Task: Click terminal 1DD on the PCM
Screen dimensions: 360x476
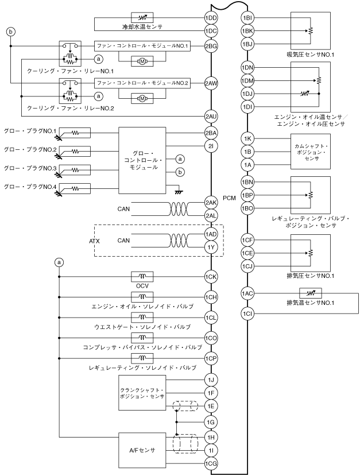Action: click(211, 18)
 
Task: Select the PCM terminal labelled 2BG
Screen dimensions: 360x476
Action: click(211, 46)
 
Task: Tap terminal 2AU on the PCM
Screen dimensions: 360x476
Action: click(211, 116)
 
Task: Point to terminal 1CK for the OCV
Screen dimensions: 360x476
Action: click(211, 277)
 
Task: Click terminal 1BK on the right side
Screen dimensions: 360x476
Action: click(247, 31)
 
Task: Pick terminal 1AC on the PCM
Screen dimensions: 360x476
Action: click(247, 293)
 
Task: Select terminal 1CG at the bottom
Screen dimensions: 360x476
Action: click(211, 463)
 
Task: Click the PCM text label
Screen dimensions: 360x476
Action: click(229, 198)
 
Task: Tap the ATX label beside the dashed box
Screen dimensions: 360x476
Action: click(94, 241)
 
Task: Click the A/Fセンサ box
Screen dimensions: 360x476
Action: click(142, 450)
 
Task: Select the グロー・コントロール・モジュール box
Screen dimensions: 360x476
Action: click(142, 160)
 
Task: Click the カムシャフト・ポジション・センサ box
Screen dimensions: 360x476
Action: click(311, 152)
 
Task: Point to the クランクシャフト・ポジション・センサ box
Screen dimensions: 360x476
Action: click(142, 393)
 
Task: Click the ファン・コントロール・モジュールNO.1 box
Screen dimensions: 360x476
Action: click(142, 47)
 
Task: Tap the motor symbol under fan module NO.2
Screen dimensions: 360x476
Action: click(142, 98)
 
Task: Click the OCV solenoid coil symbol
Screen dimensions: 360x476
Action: click(142, 277)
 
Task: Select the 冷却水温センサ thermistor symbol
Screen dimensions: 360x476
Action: click(142, 18)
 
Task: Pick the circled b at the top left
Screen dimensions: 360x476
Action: click(11, 32)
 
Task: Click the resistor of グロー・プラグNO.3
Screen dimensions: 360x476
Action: click(75, 170)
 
